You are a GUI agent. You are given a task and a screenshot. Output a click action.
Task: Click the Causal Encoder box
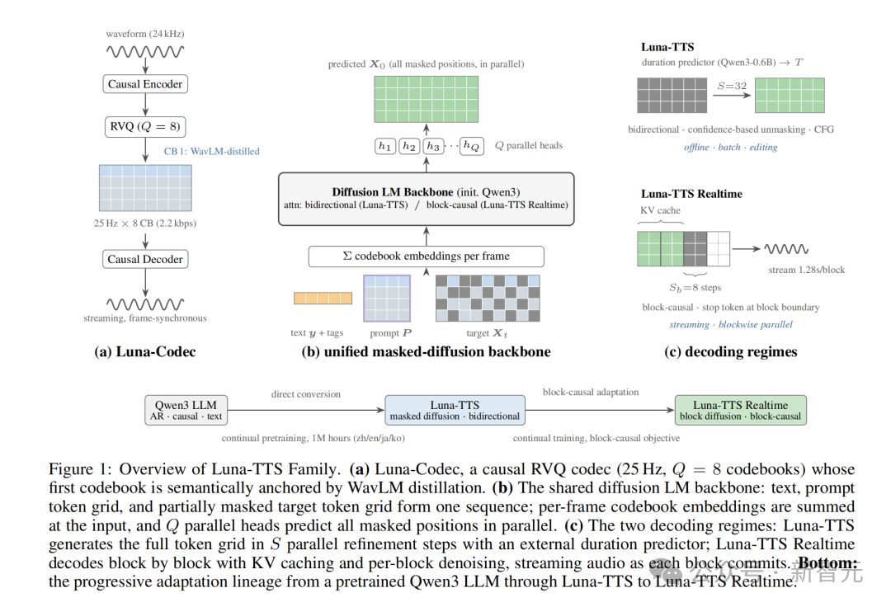tap(145, 84)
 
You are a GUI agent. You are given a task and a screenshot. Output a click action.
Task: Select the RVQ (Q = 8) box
tap(145, 127)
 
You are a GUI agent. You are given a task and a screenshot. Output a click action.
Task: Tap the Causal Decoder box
tap(145, 259)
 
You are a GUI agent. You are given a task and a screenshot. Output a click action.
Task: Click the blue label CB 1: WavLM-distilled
tap(211, 151)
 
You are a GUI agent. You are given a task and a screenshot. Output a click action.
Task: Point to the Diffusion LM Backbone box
tap(427, 200)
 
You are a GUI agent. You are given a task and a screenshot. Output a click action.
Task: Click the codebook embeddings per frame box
tap(427, 256)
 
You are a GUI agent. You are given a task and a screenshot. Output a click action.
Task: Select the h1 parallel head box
tap(384, 147)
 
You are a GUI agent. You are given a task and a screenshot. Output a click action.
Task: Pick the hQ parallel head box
tap(472, 147)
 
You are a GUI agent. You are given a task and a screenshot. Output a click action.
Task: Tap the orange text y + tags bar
tap(323, 298)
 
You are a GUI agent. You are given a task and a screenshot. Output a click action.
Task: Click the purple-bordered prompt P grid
tap(387, 298)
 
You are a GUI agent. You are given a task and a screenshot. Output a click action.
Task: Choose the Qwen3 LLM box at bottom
tap(186, 410)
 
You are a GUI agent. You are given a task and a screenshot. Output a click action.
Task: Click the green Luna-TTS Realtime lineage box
tap(740, 410)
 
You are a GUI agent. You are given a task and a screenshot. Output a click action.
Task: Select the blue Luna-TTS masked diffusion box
tap(455, 410)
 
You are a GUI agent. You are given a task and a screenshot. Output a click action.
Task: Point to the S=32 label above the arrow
tap(732, 86)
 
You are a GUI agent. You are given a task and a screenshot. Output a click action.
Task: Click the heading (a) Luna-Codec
tap(145, 352)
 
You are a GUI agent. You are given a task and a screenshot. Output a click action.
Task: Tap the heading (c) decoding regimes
tap(731, 352)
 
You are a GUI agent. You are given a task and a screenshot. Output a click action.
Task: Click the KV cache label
tap(660, 210)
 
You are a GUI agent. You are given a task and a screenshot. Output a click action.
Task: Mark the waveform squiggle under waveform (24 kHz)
tap(145, 52)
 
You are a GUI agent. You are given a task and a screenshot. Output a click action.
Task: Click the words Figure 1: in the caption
tap(81, 469)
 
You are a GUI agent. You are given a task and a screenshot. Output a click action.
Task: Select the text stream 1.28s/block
tap(806, 270)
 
